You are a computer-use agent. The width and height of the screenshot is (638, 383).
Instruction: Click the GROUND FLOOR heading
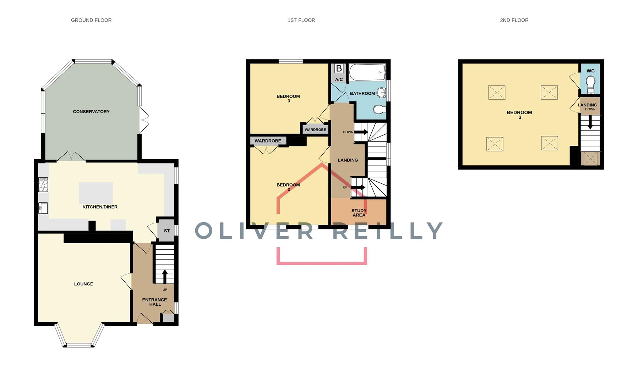point(91,20)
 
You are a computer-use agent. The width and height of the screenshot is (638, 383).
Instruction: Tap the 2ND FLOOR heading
point(514,20)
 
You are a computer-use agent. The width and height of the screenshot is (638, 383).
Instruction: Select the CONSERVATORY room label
point(91,112)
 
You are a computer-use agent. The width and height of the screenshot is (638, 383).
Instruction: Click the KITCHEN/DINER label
point(100,207)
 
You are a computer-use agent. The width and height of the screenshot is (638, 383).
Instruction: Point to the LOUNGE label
point(83,284)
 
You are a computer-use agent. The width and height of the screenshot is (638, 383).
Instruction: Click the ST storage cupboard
point(167,231)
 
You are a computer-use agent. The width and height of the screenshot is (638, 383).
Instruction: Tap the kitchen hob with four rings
point(43,185)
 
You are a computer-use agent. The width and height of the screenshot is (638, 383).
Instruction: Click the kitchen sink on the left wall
point(43,208)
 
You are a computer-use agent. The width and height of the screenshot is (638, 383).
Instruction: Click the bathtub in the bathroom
point(367,72)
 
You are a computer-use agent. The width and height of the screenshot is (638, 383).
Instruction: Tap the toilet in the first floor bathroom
point(379,110)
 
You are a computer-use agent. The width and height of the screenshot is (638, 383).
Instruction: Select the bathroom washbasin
point(381,93)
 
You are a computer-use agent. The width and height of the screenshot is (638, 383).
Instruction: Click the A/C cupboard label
point(339,79)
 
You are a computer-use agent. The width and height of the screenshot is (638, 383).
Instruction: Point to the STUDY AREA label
point(359,213)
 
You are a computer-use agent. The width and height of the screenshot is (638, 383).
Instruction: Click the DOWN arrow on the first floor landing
point(361,132)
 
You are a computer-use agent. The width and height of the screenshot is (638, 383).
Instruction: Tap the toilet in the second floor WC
point(590,84)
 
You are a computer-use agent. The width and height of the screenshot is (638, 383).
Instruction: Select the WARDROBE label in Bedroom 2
point(268,141)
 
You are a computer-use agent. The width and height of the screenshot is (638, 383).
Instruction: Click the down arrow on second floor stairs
point(590,123)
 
